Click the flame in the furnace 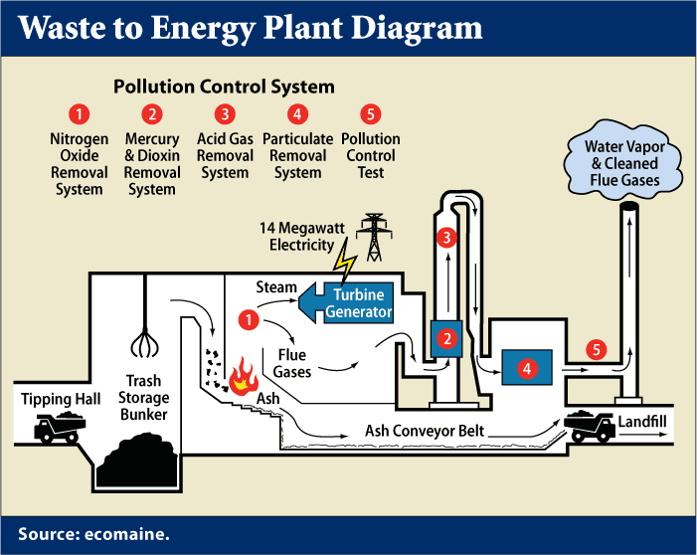(240, 380)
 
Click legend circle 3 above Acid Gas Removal (226, 113)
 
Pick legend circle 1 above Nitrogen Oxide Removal (80, 113)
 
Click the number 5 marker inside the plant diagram (595, 350)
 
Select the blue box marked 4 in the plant (527, 368)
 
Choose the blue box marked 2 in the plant (448, 339)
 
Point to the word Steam (276, 287)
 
